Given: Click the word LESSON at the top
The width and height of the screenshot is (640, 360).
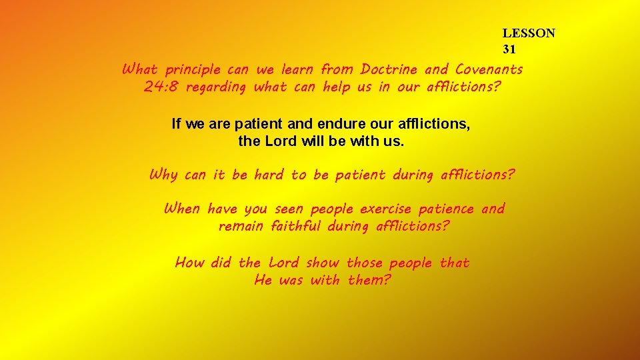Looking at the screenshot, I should pyautogui.click(x=529, y=33).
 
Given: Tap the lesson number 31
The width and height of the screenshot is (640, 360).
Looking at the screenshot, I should pyautogui.click(x=509, y=49).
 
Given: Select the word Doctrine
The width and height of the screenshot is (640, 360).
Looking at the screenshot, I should pyautogui.click(x=389, y=69).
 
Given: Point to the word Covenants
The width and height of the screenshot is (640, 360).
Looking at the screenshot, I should pyautogui.click(x=489, y=69).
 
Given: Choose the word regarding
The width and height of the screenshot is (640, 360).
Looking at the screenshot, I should pyautogui.click(x=216, y=87).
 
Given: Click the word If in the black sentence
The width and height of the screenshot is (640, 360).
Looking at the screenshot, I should pyautogui.click(x=176, y=123).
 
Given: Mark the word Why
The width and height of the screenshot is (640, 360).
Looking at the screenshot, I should pyautogui.click(x=163, y=175).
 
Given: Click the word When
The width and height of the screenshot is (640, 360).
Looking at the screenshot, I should pyautogui.click(x=181, y=209).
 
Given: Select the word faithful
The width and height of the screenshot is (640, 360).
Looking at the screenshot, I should pyautogui.click(x=296, y=226).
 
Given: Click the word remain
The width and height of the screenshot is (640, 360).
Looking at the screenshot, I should pyautogui.click(x=241, y=226).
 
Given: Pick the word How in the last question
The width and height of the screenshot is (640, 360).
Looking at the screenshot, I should pyautogui.click(x=189, y=263).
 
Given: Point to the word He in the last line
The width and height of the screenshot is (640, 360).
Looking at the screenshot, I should pyautogui.click(x=263, y=280).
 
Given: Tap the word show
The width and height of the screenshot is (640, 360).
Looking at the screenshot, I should pyautogui.click(x=322, y=263).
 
